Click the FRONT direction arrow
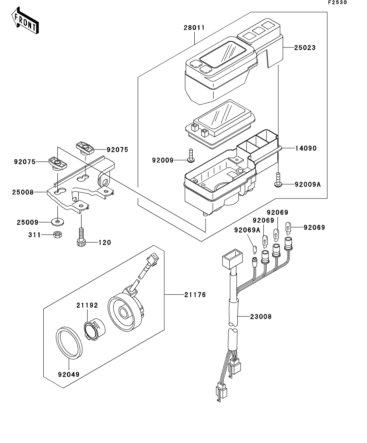[x=25, y=22]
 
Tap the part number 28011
[x=195, y=28]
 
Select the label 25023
[x=305, y=47]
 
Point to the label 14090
[x=306, y=148]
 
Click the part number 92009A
[x=308, y=185]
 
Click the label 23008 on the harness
[x=261, y=316]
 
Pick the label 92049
[x=68, y=374]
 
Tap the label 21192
[x=87, y=305]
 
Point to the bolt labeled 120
[x=81, y=237]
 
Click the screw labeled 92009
[x=191, y=156]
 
